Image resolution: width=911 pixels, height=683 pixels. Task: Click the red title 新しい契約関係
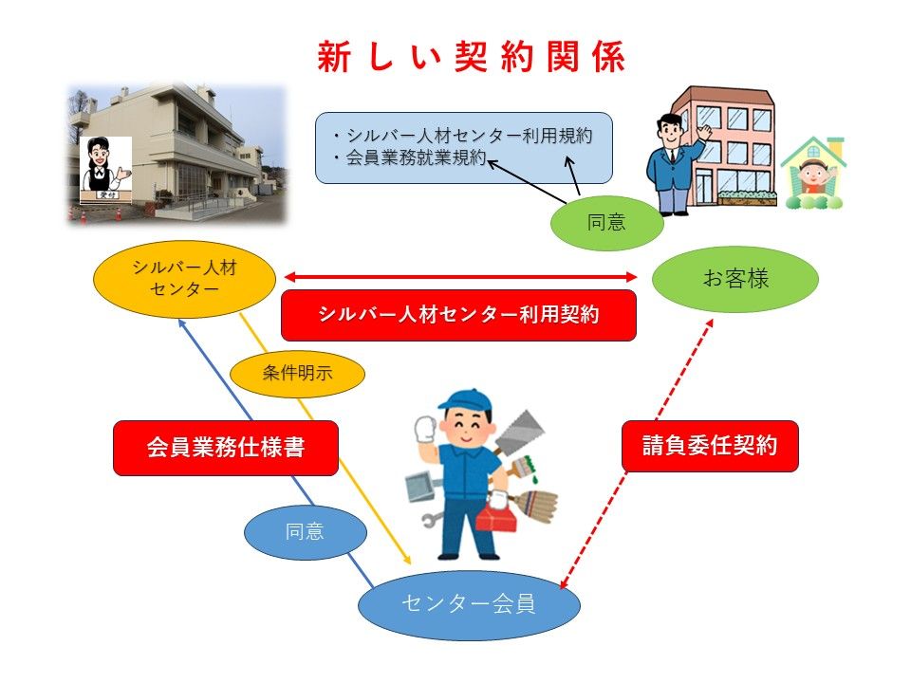(471, 57)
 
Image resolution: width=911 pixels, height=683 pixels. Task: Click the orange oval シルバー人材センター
(185, 279)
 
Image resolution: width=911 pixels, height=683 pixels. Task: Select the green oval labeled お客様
(734, 279)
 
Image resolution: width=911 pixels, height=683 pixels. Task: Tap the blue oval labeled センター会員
(469, 604)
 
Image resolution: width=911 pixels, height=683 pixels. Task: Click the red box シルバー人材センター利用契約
(458, 315)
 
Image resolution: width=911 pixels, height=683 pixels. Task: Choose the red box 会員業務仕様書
(226, 448)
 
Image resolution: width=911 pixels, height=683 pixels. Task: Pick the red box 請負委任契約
(710, 446)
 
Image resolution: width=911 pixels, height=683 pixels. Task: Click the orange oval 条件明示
(297, 373)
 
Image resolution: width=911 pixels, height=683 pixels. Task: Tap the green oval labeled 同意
(606, 223)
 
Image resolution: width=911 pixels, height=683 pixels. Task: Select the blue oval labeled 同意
(305, 532)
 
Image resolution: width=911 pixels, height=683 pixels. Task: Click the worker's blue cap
(464, 400)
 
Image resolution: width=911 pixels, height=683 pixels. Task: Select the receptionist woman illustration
(104, 169)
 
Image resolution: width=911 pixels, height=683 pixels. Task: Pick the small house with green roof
(813, 173)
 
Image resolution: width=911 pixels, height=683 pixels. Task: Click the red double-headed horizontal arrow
(461, 277)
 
